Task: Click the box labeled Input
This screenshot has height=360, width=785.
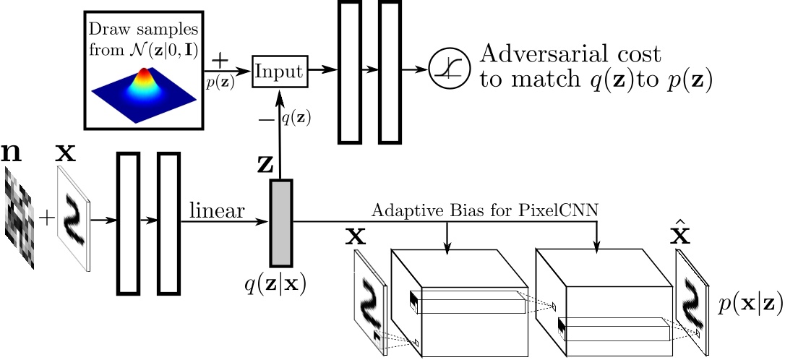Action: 280,71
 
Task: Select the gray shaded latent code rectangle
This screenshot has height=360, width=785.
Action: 280,222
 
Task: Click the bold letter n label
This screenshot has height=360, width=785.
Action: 13,153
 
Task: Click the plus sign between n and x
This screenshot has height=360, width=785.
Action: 46,217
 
